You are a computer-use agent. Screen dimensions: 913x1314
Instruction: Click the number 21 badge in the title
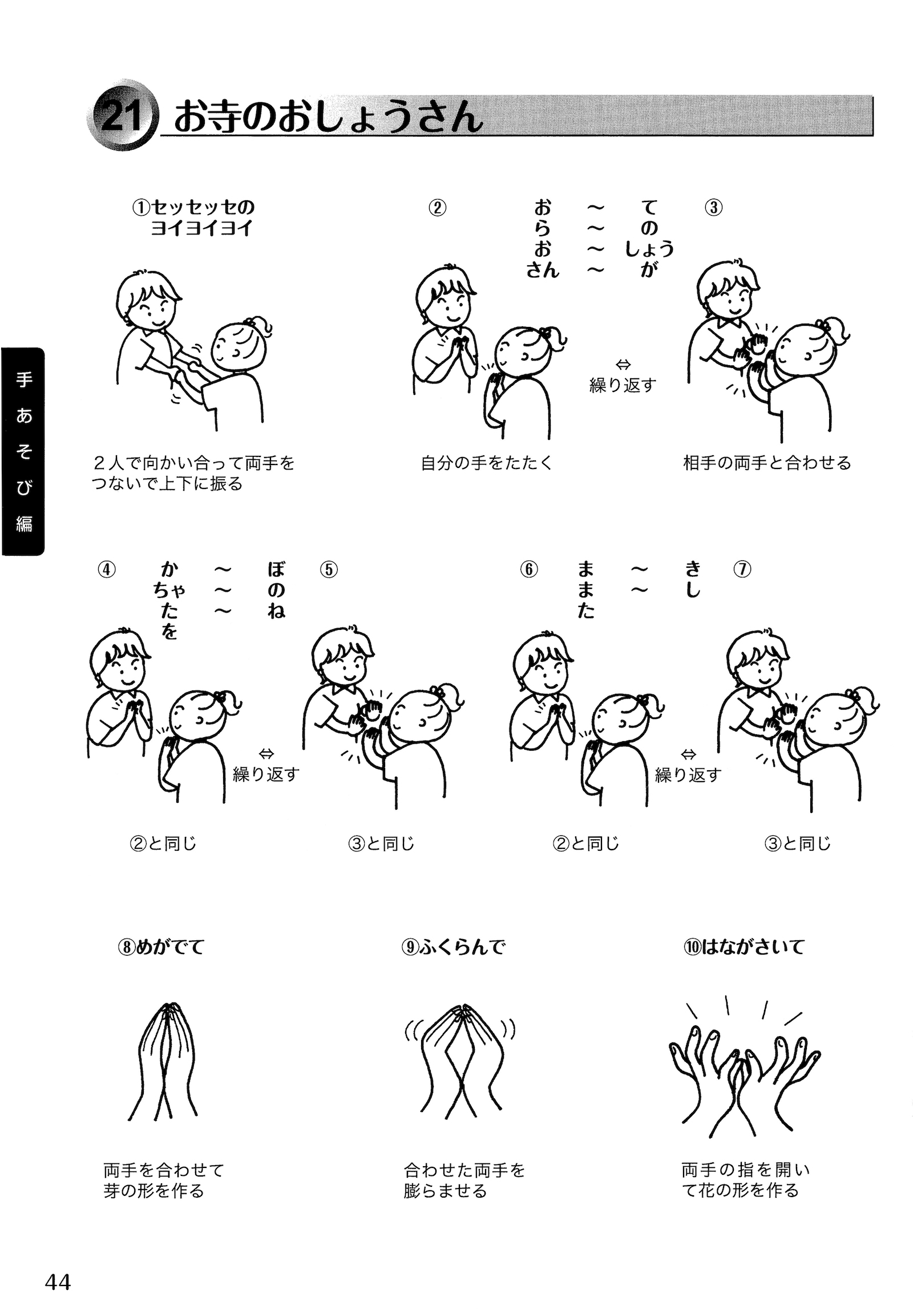click(x=121, y=116)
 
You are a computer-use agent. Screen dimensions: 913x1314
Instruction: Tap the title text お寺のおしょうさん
click(x=328, y=118)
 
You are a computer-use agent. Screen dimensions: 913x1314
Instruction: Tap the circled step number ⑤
click(x=329, y=569)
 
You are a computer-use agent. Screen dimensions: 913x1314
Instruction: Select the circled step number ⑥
click(x=529, y=569)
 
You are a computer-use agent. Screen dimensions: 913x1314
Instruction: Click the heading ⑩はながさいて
click(x=744, y=947)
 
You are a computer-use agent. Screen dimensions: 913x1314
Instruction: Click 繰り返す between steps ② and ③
click(x=623, y=385)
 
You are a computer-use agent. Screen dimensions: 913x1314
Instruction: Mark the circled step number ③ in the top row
click(x=713, y=207)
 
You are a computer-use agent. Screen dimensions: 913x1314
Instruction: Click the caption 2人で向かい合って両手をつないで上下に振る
click(x=193, y=473)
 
